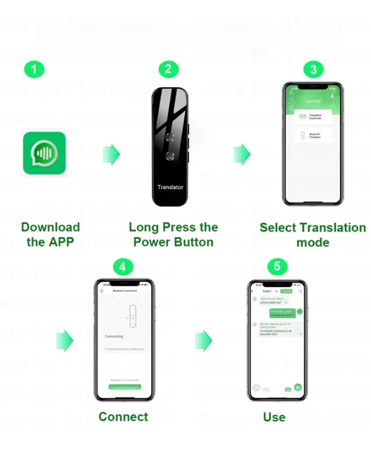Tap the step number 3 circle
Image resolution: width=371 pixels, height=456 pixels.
click(313, 70)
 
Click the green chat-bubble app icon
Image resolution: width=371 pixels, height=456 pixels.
click(44, 153)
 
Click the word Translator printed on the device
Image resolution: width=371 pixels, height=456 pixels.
click(170, 187)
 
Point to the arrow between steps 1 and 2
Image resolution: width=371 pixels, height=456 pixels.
click(111, 153)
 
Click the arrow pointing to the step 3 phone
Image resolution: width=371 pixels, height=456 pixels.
click(242, 153)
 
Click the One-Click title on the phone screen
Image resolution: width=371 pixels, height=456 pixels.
click(313, 101)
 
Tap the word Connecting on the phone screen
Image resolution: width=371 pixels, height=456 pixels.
click(114, 336)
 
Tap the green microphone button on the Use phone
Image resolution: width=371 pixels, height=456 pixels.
click(298, 388)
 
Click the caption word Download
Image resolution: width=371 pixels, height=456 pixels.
click(50, 227)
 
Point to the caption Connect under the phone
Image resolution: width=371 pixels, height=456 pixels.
click(123, 417)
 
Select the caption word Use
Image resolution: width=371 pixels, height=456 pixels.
click(274, 417)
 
